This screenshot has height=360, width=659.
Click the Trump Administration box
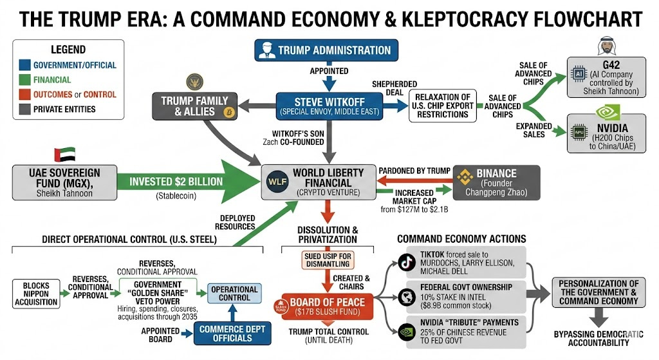click(x=326, y=50)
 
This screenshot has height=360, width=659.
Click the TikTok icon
click(x=405, y=261)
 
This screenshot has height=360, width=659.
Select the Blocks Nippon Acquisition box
click(x=36, y=293)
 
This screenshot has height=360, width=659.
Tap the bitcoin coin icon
click(x=228, y=113)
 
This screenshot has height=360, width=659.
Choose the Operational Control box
click(x=234, y=294)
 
